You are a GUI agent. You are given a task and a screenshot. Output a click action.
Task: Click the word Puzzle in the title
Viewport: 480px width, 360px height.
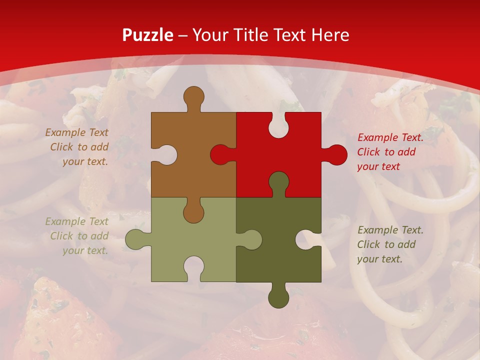coord(148,35)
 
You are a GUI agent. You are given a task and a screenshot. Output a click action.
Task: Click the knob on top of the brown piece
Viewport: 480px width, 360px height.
coord(193,97)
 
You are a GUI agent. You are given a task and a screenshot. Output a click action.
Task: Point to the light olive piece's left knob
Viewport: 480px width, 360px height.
coord(136,239)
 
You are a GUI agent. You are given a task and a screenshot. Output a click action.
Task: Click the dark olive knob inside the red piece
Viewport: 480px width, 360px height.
coord(278,182)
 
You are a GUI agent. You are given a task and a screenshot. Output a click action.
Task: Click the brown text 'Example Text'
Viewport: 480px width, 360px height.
coord(77,132)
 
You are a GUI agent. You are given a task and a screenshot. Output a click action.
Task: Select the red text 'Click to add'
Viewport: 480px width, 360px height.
coord(386,152)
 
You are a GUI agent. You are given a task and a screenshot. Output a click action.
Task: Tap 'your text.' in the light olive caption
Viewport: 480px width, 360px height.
coord(85,250)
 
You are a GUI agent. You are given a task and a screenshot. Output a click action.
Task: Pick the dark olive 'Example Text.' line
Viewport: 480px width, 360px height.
coord(390,230)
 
